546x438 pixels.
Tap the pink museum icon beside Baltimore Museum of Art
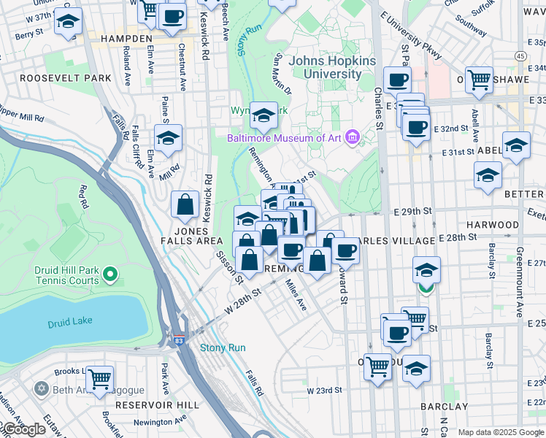353,137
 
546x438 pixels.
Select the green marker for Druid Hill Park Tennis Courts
110,275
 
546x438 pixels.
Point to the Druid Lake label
68,323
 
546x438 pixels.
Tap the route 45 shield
520,56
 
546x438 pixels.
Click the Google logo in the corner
23,430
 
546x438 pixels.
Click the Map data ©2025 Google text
501,433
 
